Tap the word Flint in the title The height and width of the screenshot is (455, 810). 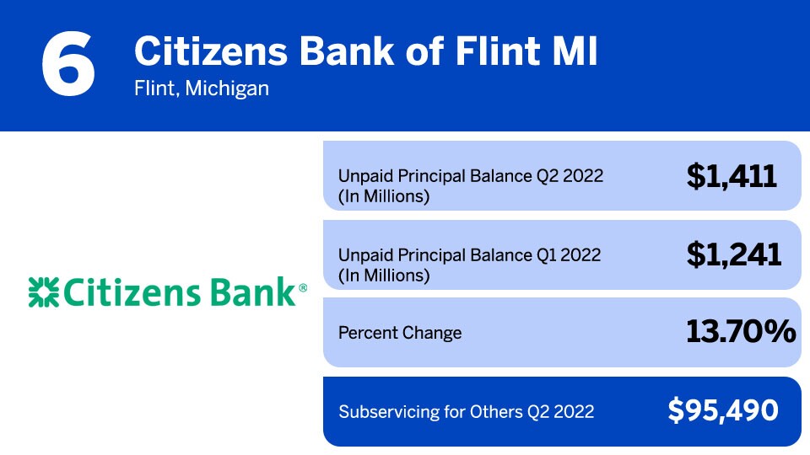pos(495,52)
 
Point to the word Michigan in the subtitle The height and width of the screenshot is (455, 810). pos(228,88)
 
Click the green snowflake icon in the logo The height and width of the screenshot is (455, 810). pos(42,292)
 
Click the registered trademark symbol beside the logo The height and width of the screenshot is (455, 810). pos(303,288)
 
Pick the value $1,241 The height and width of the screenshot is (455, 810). pos(733,254)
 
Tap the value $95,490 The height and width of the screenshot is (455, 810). pos(722,410)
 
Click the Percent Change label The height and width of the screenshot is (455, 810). pos(400,333)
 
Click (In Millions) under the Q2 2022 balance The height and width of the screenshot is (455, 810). pos(384,197)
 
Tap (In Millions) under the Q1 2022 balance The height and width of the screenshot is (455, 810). pos(384,276)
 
